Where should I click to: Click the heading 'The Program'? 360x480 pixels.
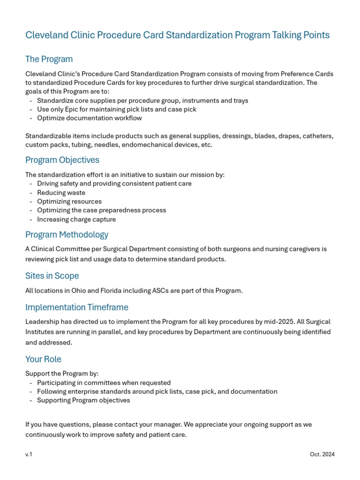coord(49,59)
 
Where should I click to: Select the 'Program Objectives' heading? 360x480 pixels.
coord(62,160)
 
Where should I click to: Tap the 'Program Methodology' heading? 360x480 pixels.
coord(67,234)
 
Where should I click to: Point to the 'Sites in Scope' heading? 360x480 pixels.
coord(52,276)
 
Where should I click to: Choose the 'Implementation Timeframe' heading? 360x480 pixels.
coord(76,307)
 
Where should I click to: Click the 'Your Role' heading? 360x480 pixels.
coord(43,359)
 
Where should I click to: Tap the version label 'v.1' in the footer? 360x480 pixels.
coord(29,454)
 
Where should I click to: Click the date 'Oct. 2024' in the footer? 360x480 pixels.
coord(322,454)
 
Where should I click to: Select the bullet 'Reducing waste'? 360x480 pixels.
coord(61,193)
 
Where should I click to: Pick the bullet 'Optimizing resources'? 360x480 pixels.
coord(69,202)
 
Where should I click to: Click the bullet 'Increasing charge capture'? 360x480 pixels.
coord(76,219)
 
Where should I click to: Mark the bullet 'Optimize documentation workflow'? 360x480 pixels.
coord(90,118)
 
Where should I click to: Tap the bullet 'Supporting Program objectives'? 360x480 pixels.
coord(83,400)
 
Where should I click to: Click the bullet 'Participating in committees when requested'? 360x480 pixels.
coord(104,382)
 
